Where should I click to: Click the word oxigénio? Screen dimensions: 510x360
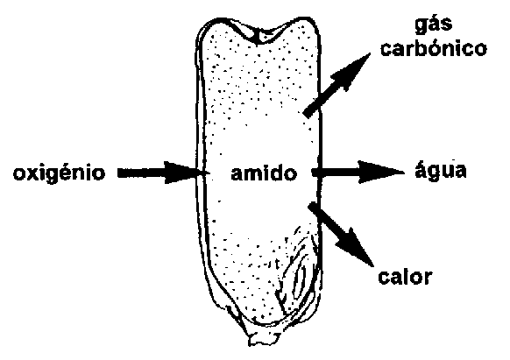(x=60, y=173)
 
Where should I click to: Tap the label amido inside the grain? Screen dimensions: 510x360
(x=264, y=173)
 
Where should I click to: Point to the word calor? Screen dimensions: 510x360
(x=405, y=278)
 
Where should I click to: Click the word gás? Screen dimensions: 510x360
(x=433, y=25)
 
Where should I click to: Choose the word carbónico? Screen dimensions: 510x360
(x=434, y=48)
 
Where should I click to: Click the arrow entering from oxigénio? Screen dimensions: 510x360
(x=159, y=173)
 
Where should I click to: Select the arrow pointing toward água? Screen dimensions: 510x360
(x=358, y=172)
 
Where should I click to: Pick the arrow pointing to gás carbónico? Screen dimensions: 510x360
(x=336, y=85)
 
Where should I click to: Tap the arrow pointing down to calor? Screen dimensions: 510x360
(x=340, y=234)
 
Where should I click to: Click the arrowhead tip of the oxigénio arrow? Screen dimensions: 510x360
(x=198, y=173)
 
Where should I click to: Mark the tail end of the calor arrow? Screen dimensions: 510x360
(x=312, y=206)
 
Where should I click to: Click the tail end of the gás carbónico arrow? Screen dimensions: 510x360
(x=307, y=114)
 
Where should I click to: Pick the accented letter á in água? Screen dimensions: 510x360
(x=421, y=169)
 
